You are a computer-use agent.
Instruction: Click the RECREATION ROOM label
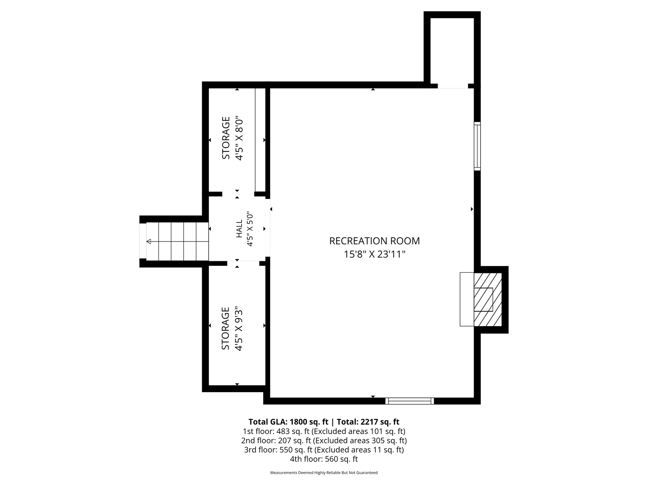pos(375,241)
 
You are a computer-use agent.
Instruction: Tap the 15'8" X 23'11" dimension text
pos(375,254)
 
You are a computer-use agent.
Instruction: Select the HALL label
pos(239,229)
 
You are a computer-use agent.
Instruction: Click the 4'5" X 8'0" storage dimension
pos(239,138)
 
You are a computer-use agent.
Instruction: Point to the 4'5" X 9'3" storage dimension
pos(239,328)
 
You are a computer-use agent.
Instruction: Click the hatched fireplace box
pos(488,299)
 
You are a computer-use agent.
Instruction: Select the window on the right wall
pos(477,146)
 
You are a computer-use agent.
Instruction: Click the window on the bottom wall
pos(409,401)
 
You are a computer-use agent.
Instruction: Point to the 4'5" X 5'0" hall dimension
pos(250,229)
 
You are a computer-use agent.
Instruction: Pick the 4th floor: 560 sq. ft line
pos(324,459)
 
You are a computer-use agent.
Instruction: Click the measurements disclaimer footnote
pos(324,473)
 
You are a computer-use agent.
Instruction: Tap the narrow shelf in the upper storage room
pos(260,140)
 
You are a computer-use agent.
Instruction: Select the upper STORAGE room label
pos(226,138)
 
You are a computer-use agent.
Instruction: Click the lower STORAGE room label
pos(226,328)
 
